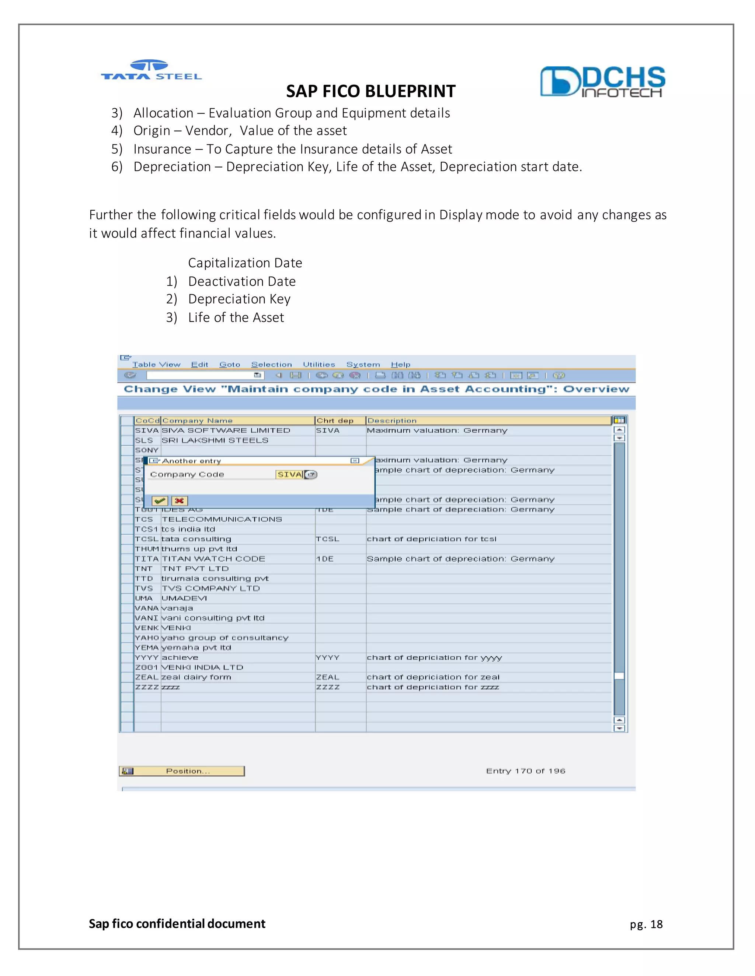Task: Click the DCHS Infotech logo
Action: pos(602,82)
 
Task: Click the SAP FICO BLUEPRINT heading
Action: pos(371,91)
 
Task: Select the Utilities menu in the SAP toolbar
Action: pos(319,365)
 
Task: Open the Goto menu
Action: pos(229,365)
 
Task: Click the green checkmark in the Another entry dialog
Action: pos(160,501)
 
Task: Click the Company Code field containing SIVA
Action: pos(289,475)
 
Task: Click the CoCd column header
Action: pos(147,421)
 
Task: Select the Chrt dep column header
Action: pos(335,421)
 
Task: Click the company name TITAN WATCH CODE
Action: pos(213,559)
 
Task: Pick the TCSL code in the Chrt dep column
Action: pos(327,539)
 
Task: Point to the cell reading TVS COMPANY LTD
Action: pos(211,588)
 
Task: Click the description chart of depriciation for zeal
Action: pos(433,677)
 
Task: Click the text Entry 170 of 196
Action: pos(526,771)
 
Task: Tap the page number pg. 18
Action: pos(646,924)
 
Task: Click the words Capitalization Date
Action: pos(245,263)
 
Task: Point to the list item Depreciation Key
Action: pos(239,299)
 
